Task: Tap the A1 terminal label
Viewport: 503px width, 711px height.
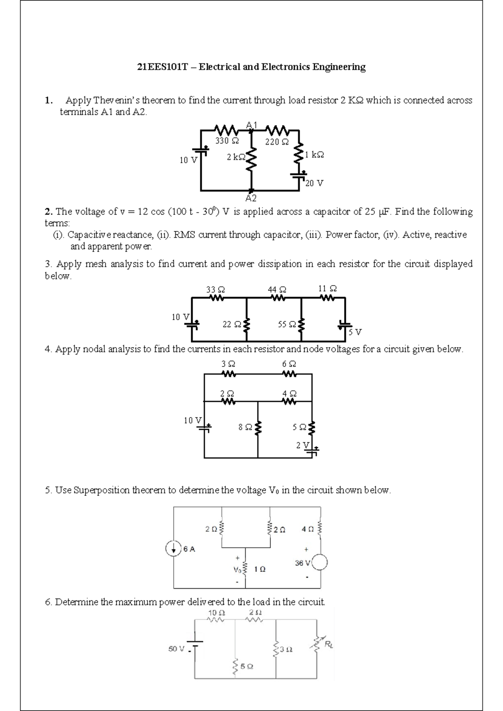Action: (x=252, y=125)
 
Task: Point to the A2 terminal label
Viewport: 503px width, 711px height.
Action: (x=251, y=198)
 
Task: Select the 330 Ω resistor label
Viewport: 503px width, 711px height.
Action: (x=227, y=141)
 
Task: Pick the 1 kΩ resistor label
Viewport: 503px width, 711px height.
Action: (x=314, y=155)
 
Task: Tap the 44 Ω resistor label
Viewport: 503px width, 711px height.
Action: (x=277, y=290)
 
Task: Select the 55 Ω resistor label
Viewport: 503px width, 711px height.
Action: (x=287, y=324)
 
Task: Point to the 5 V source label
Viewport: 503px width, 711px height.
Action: (x=355, y=332)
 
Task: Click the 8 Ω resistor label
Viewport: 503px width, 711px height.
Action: (x=245, y=427)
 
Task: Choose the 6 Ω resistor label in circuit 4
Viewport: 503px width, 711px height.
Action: (x=289, y=364)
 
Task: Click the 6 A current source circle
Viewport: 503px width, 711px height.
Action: (x=174, y=548)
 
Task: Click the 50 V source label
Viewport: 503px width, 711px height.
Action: (x=176, y=649)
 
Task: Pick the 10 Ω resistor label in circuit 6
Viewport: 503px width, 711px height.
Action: (x=216, y=612)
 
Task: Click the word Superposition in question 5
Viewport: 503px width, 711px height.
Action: (x=101, y=490)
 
